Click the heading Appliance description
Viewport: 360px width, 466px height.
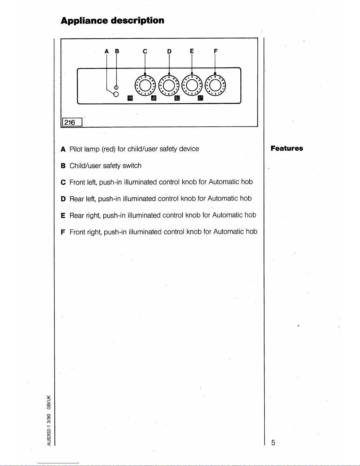coord(112,21)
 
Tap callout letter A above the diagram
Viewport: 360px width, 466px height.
coord(107,51)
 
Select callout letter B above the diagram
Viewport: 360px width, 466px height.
coord(117,51)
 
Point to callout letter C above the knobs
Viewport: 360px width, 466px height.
coord(145,51)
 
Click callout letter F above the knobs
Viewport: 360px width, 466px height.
coord(215,51)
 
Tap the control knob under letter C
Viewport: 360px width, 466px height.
coord(145,85)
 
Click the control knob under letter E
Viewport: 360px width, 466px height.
coord(192,85)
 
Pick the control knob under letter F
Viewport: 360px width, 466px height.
coord(215,85)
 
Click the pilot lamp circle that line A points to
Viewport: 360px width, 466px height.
coord(116,94)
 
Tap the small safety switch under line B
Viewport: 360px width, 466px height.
coord(116,88)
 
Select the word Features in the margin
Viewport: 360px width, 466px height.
coord(287,148)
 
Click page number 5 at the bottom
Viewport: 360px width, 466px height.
coord(273,443)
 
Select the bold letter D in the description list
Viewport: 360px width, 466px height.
coord(63,199)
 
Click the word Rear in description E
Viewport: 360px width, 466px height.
coord(77,216)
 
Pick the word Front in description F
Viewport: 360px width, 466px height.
coord(77,232)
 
